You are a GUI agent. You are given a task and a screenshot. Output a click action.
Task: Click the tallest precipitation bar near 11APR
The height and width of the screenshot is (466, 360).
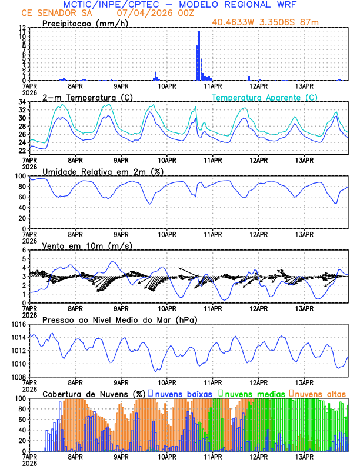point(199,56)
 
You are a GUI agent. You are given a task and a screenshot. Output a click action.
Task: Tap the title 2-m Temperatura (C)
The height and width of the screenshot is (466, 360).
point(83,97)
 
